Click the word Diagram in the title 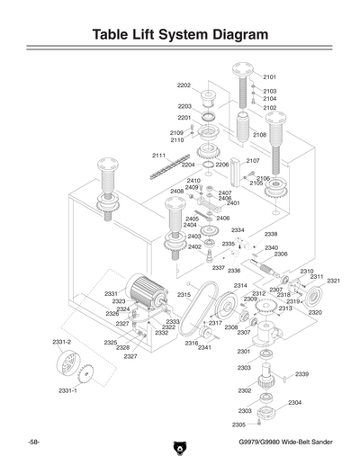tap(230, 35)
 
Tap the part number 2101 tap(269, 77)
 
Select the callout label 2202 tap(184, 85)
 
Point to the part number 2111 tap(158, 156)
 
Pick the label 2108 tap(259, 135)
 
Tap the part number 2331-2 tap(61, 342)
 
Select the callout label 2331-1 tap(68, 390)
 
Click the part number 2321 tap(333, 281)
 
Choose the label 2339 tap(301, 374)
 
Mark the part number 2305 tap(238, 425)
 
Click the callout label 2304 tap(294, 403)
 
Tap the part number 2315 tap(184, 294)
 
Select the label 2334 tap(238, 230)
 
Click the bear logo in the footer tap(179, 447)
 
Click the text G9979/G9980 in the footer tap(264, 446)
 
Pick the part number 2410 tap(193, 181)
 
